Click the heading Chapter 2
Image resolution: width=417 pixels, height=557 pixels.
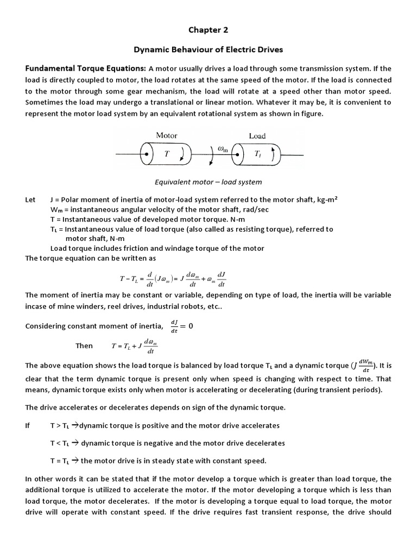coord(208,29)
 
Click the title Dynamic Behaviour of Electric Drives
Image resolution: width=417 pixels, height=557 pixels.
coord(208,49)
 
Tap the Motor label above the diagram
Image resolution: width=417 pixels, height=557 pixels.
coord(167,135)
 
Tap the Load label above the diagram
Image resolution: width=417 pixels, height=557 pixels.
coord(257,136)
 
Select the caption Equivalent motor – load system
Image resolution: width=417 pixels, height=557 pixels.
coord(208,182)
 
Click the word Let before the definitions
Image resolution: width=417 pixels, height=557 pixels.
coord(30,200)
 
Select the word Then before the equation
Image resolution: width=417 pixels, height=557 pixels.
coord(84,345)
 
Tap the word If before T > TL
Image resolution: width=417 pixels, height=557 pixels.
coord(28,425)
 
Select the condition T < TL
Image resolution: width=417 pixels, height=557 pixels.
coord(59,443)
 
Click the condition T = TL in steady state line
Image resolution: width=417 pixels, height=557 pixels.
coord(59,461)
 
